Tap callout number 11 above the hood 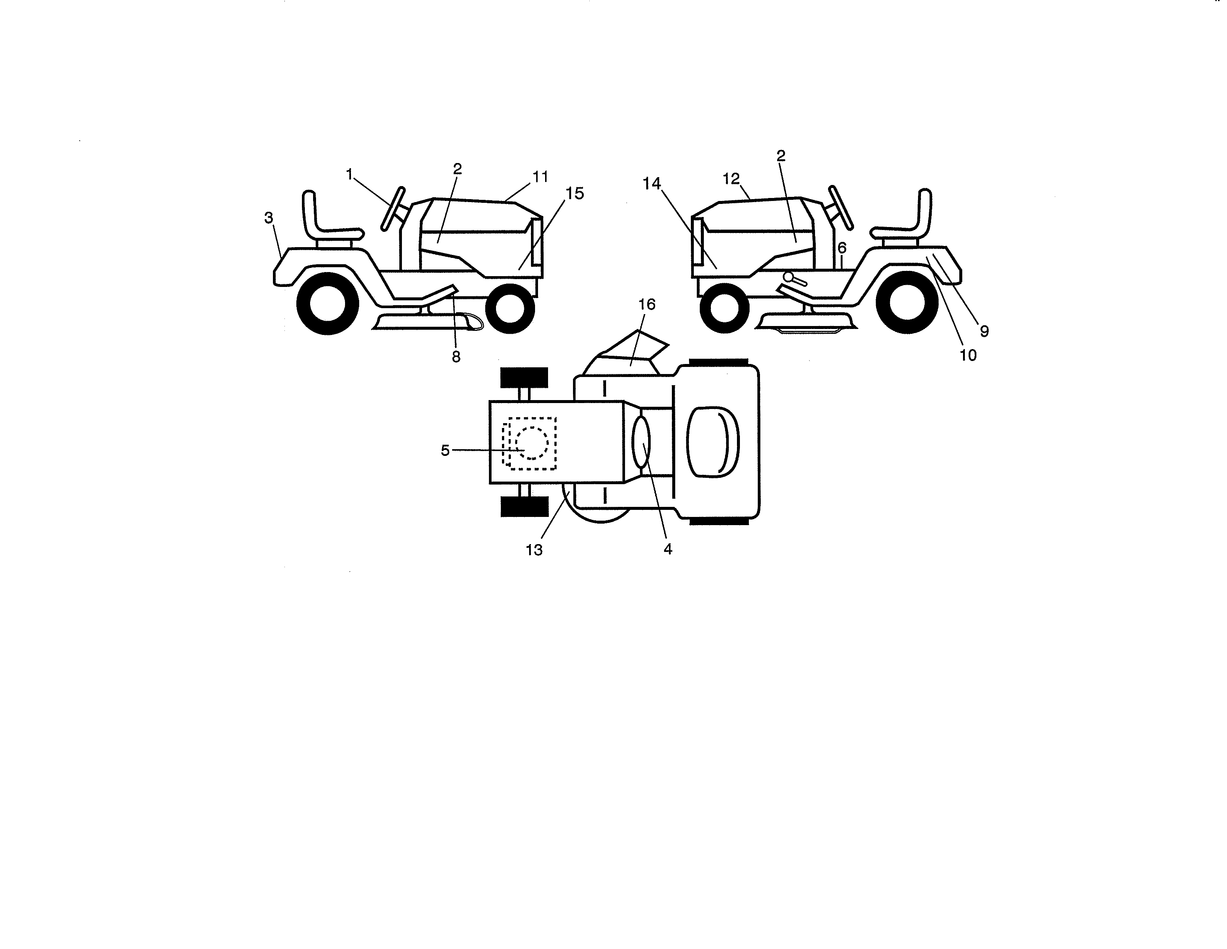coord(540,177)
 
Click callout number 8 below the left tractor coord(455,357)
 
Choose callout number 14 coord(652,184)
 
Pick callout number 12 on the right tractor coord(731,179)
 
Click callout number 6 coord(841,248)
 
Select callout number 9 coord(984,331)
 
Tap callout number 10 coord(967,355)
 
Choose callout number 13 coord(534,550)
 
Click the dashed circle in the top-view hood coord(531,442)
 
